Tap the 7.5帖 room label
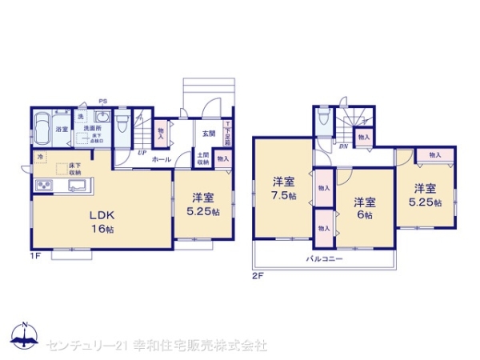pos(282,186)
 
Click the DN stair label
pos(343,145)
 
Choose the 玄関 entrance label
pos(207,133)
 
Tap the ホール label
pos(160,159)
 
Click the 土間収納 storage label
pos(203,158)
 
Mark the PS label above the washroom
pos(102,101)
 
